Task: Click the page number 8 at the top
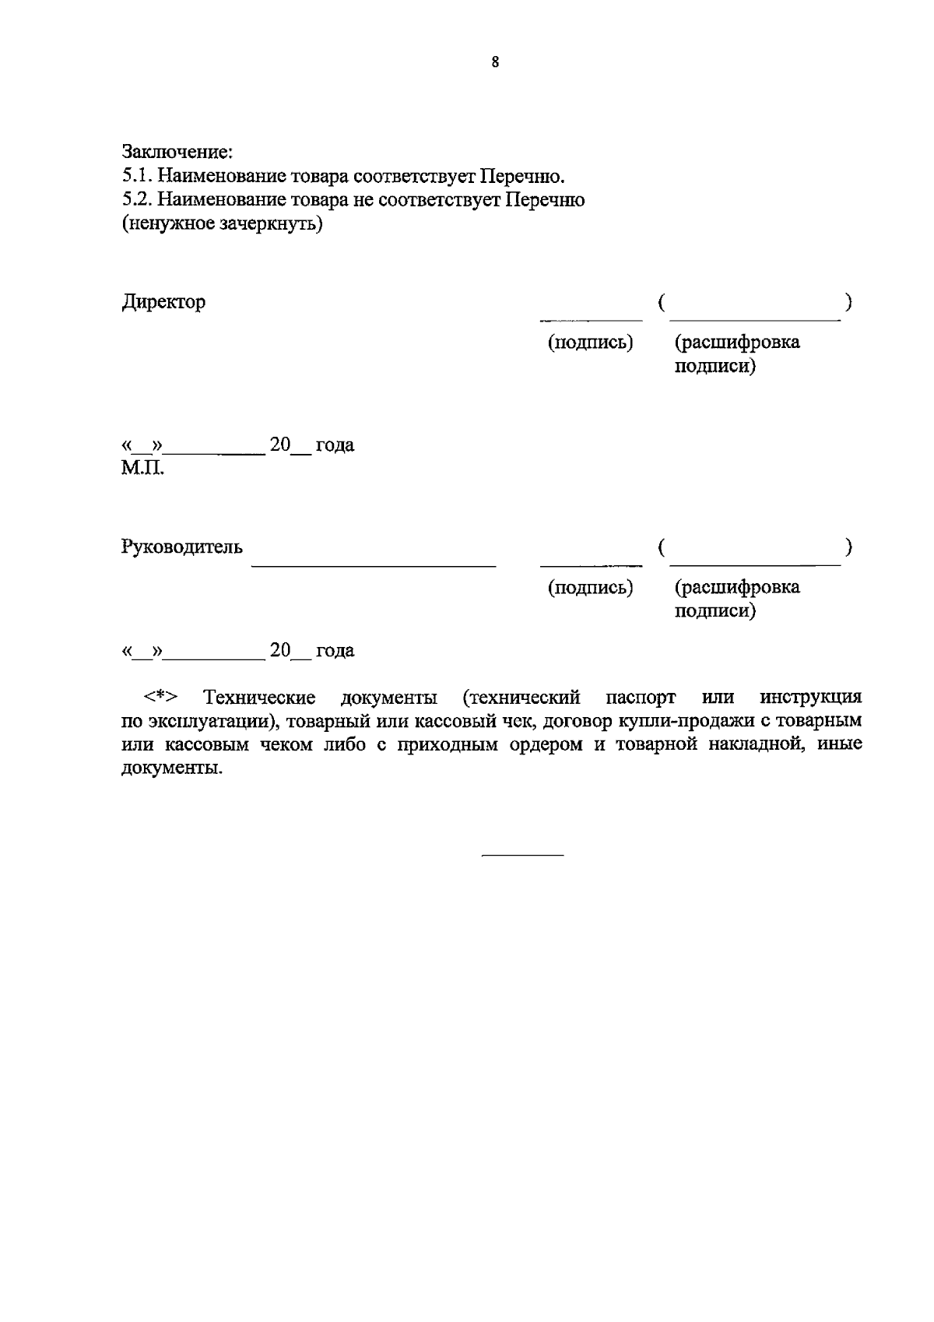click(495, 63)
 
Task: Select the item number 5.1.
click(137, 175)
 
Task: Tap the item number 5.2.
click(137, 200)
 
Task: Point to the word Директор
click(163, 302)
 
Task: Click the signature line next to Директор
click(592, 318)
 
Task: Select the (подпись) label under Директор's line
click(591, 342)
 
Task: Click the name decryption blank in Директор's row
click(754, 318)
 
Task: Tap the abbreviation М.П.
click(143, 469)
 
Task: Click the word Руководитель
click(182, 547)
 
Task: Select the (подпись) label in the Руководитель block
click(591, 587)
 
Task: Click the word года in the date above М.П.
click(335, 445)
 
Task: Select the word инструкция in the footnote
click(811, 696)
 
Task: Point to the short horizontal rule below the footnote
click(522, 856)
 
